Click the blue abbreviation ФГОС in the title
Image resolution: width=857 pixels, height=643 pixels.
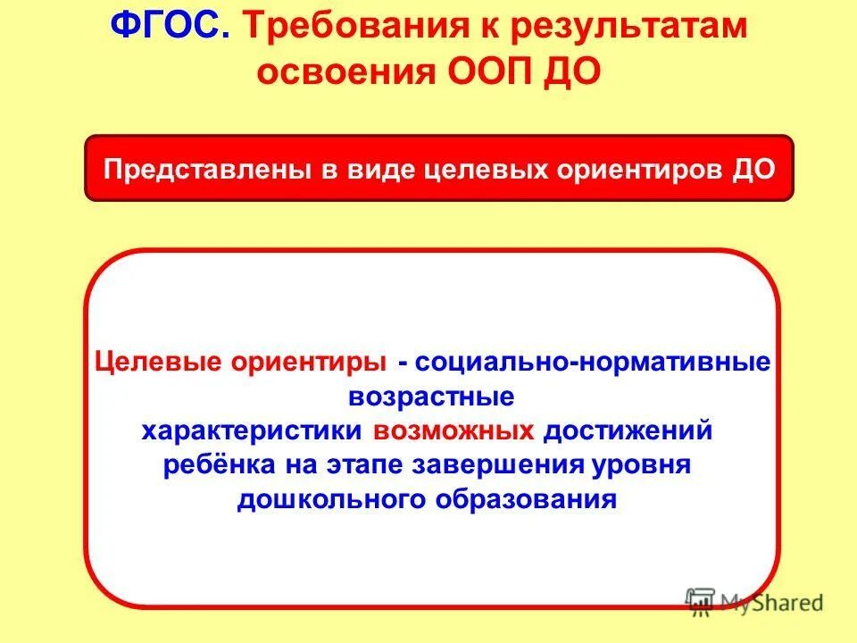click(x=170, y=27)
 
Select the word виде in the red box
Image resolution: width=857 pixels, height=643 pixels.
click(x=379, y=169)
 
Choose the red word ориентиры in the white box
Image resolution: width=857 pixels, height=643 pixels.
click(x=309, y=363)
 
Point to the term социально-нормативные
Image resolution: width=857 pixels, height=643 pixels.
click(x=592, y=363)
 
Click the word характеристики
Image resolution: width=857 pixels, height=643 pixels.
click(x=253, y=430)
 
